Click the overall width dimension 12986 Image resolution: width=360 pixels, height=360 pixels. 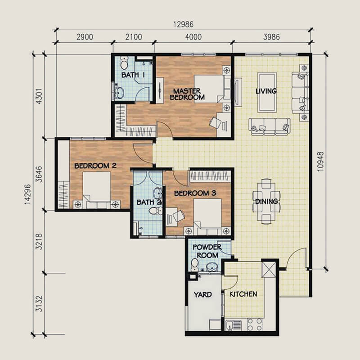click(x=184, y=24)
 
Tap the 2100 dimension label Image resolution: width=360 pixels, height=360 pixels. click(x=134, y=37)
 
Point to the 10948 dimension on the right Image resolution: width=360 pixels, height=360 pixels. click(x=320, y=162)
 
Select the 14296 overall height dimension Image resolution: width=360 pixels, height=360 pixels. click(x=27, y=194)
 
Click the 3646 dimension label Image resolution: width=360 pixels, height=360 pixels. click(x=40, y=174)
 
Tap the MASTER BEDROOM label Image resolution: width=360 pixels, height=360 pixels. click(x=187, y=94)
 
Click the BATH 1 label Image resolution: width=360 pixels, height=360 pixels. click(x=133, y=75)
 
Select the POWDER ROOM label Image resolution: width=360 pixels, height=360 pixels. click(x=207, y=251)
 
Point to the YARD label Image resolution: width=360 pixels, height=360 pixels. click(x=203, y=295)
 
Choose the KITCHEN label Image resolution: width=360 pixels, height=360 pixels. click(x=243, y=294)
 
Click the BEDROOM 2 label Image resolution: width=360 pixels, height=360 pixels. click(x=95, y=166)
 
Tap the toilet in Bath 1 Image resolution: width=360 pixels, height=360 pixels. click(x=125, y=63)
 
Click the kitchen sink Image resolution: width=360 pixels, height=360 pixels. click(x=233, y=325)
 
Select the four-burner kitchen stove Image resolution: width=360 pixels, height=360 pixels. click(x=255, y=324)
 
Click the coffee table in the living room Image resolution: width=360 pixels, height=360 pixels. click(x=267, y=93)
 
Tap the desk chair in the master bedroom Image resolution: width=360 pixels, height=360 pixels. click(x=215, y=122)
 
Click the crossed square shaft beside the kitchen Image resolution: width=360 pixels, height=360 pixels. click(x=269, y=270)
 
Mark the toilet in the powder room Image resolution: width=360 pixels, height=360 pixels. click(x=194, y=264)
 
